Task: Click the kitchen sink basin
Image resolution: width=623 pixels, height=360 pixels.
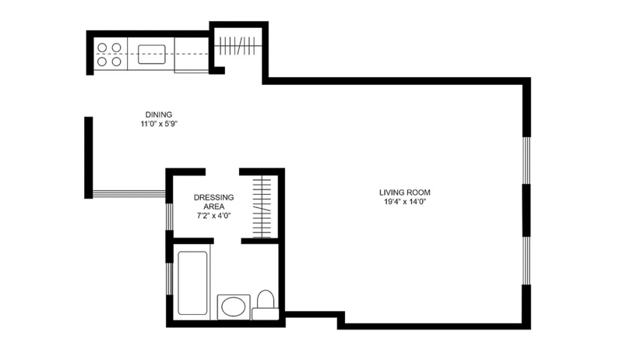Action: [151, 54]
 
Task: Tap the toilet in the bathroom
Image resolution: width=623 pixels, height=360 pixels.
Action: [266, 305]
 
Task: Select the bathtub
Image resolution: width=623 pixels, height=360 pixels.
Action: [192, 283]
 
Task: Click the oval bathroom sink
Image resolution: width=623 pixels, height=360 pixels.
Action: [233, 307]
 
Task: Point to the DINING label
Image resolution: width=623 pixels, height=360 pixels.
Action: [159, 115]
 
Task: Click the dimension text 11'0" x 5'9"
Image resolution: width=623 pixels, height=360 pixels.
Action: [159, 124]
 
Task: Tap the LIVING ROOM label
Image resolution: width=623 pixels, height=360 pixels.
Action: [404, 192]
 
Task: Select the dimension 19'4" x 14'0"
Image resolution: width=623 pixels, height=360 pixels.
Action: [404, 202]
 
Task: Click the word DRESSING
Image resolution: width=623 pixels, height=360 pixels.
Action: [213, 197]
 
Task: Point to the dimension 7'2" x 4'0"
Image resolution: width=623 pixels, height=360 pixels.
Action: [213, 216]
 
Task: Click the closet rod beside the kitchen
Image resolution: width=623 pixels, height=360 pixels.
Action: [238, 46]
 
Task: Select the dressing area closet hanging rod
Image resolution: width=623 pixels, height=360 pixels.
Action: [262, 206]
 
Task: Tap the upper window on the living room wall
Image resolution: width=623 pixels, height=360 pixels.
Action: [526, 161]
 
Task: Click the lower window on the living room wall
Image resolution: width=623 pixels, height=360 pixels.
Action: [526, 261]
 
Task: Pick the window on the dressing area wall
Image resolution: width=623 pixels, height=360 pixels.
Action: [169, 217]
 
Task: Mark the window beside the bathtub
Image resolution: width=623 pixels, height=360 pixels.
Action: [169, 278]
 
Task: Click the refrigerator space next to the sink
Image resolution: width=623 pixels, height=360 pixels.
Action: [191, 55]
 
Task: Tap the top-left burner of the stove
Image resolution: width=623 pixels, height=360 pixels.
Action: [102, 48]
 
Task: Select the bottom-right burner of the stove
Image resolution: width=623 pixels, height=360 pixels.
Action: [116, 62]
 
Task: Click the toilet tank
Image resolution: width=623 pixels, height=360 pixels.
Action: [266, 314]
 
